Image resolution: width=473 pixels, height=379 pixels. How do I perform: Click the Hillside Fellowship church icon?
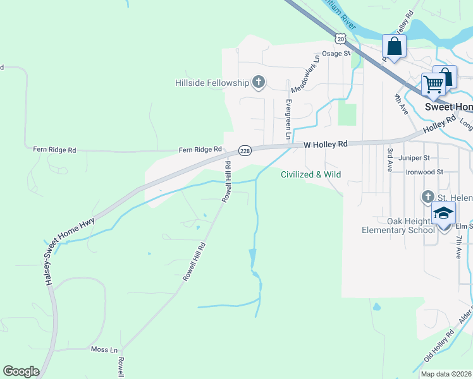click(x=258, y=82)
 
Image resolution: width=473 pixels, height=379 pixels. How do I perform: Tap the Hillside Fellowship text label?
click(x=212, y=83)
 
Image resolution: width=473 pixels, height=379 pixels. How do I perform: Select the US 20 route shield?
click(x=341, y=39)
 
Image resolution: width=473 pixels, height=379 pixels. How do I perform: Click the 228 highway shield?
click(x=245, y=150)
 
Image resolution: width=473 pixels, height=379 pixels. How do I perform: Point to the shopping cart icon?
click(x=433, y=83)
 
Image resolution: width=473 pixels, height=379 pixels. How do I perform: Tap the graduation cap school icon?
click(x=443, y=212)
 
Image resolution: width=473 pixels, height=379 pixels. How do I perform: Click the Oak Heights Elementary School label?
click(x=398, y=226)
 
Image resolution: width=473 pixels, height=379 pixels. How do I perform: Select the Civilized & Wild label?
click(x=311, y=174)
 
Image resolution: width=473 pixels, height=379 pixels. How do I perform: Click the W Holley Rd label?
click(x=326, y=144)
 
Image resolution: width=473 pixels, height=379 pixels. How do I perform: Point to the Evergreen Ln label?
click(x=288, y=119)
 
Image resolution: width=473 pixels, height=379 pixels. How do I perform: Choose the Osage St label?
click(x=336, y=54)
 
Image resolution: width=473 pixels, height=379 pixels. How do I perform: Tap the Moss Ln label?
click(x=104, y=349)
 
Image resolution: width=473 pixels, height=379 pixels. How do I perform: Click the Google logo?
click(x=21, y=371)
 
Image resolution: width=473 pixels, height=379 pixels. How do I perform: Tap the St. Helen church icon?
click(x=427, y=198)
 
